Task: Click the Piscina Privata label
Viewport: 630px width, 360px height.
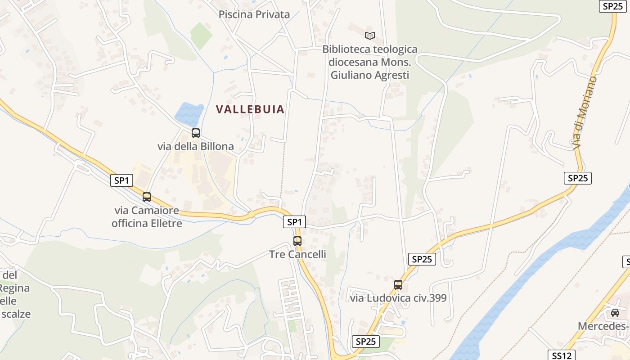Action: click(x=254, y=14)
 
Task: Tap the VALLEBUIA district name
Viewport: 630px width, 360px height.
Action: click(x=250, y=109)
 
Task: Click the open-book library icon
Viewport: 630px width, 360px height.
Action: click(x=370, y=36)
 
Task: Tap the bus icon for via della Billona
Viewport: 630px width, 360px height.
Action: click(x=196, y=133)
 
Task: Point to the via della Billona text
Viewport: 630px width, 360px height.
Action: click(x=196, y=146)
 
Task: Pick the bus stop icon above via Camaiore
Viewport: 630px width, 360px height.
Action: click(x=147, y=197)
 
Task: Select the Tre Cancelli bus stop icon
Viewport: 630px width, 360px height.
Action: click(x=297, y=241)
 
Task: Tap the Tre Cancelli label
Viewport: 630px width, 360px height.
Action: click(x=297, y=254)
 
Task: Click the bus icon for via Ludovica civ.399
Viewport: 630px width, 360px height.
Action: click(x=398, y=285)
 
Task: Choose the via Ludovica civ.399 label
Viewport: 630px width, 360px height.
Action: click(x=398, y=298)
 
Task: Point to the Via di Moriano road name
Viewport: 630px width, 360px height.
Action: click(x=585, y=112)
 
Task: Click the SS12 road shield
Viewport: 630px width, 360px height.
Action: click(x=561, y=355)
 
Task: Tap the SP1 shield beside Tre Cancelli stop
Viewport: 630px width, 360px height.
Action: click(x=294, y=222)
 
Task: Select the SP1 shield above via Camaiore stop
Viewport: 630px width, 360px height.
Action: click(x=121, y=181)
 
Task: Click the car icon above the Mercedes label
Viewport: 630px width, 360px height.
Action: click(x=615, y=313)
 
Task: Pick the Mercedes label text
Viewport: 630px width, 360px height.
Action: click(x=603, y=326)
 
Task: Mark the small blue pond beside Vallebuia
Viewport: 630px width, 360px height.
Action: click(x=189, y=114)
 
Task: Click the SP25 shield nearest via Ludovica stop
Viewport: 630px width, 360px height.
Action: click(x=422, y=259)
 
